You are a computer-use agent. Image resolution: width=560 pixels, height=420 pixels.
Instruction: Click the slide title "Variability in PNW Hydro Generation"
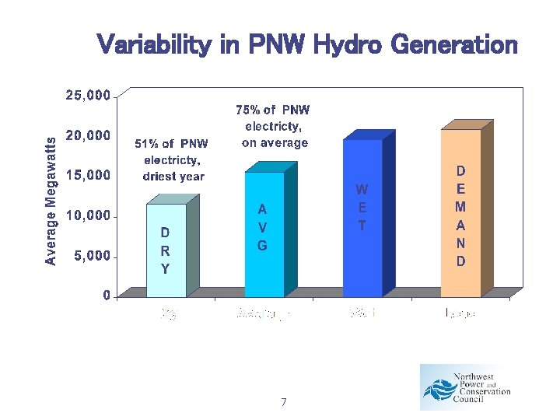coord(307,44)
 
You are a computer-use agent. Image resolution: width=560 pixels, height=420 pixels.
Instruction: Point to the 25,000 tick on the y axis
coord(88,96)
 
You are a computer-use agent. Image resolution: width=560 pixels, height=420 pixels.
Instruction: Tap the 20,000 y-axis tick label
coord(88,136)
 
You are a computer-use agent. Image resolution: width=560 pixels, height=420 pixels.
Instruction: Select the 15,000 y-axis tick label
coord(88,176)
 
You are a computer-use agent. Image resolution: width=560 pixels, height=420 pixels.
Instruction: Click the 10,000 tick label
coord(88,215)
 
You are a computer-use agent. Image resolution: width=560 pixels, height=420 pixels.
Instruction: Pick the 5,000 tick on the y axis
coord(92,256)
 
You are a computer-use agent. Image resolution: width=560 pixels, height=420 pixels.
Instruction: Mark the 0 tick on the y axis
coord(105,296)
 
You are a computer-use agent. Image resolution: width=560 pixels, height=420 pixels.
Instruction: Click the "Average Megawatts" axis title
coord(51,201)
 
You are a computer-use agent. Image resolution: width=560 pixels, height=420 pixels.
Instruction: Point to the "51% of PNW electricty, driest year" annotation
coord(173,160)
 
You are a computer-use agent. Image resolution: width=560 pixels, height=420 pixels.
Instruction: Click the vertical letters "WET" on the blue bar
coord(362,208)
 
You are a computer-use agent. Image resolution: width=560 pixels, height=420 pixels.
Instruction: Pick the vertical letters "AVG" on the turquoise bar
coord(263,228)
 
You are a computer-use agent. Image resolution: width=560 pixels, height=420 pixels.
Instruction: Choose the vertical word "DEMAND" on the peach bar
coord(460,215)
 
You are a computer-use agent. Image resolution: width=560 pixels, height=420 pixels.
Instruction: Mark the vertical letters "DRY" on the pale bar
coord(165,250)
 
